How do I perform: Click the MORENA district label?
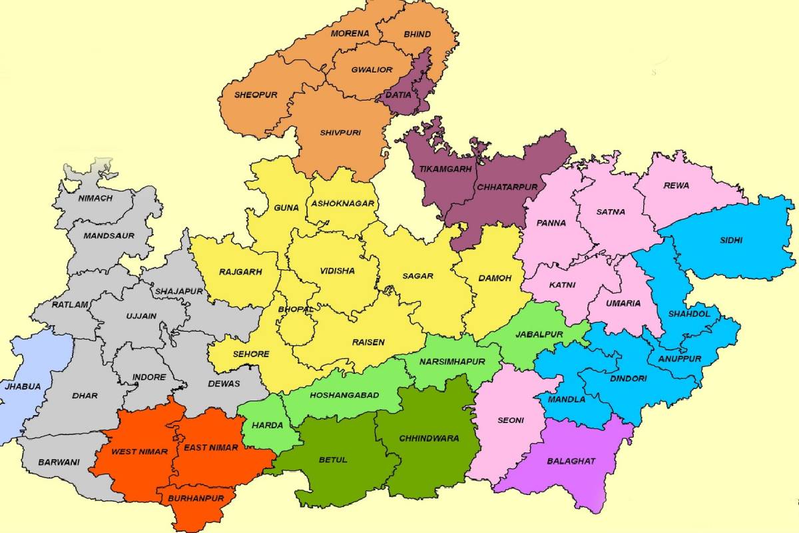(350, 33)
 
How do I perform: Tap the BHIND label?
(417, 34)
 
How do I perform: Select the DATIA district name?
(398, 95)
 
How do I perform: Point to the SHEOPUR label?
(256, 95)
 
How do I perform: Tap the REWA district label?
(676, 185)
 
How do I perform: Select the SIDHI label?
(730, 241)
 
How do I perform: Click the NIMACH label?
(95, 198)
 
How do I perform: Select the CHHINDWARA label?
(429, 438)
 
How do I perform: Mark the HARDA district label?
(268, 425)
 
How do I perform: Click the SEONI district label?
(511, 420)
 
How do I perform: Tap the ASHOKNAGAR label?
(342, 203)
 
